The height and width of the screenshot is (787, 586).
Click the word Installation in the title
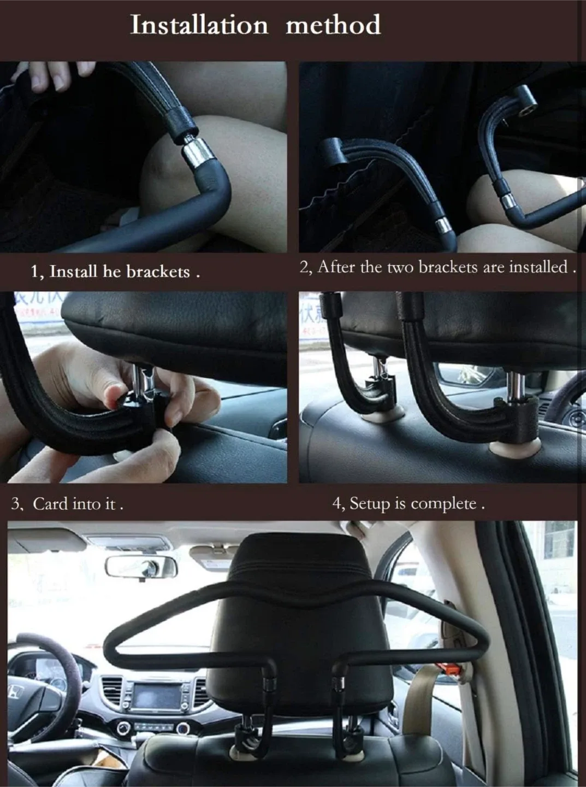(199, 25)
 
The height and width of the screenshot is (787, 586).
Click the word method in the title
(333, 25)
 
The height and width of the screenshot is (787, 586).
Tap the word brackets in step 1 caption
(158, 272)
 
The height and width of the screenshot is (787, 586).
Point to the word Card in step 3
(50, 503)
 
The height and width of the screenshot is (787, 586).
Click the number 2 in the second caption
(304, 267)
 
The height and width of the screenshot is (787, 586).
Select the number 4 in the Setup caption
(337, 503)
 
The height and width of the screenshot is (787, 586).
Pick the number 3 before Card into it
(16, 503)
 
